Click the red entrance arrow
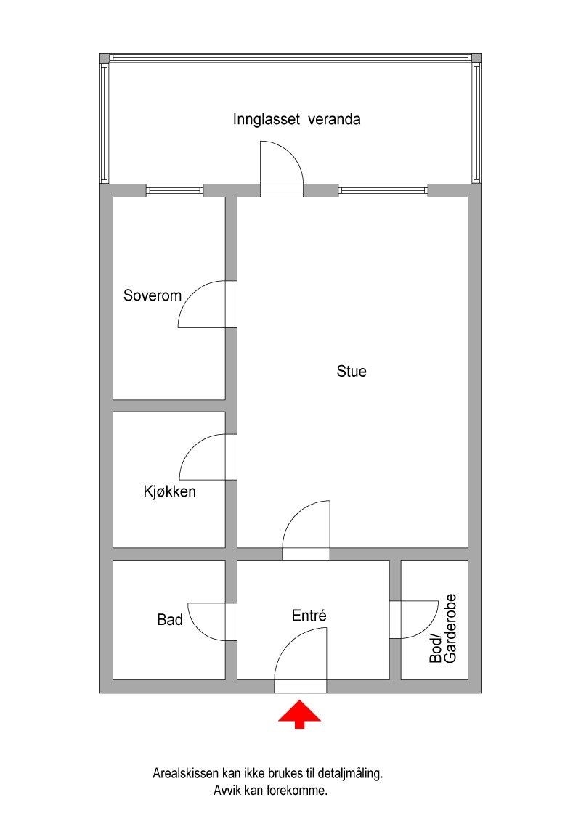(299, 713)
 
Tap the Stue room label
(352, 372)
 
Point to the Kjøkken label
(169, 492)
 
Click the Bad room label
(170, 620)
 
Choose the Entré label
(309, 616)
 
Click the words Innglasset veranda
(296, 119)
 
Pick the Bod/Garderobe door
(414, 619)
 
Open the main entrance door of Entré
(300, 661)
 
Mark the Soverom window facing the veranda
(174, 190)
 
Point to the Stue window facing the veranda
(383, 190)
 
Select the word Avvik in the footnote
(228, 791)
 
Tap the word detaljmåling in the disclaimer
(350, 775)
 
